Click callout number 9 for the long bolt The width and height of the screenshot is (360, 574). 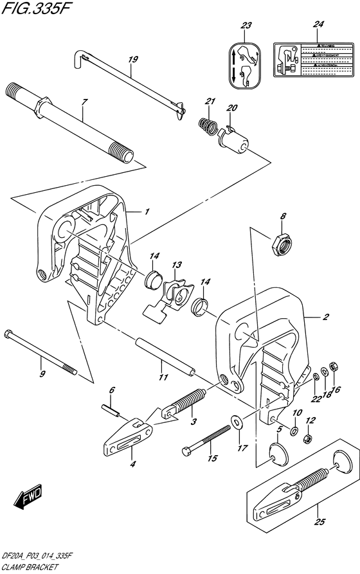(x=42, y=375)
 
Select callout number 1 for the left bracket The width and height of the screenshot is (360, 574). (x=147, y=211)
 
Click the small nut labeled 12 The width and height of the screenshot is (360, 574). (x=307, y=438)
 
